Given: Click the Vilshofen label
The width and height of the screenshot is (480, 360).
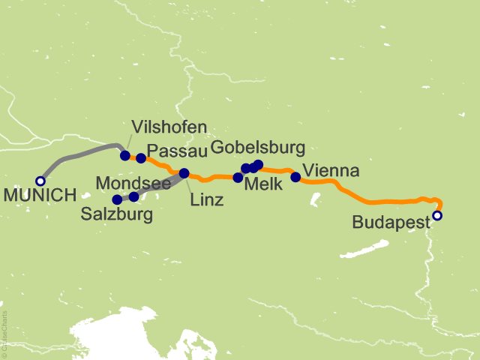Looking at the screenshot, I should (169, 127).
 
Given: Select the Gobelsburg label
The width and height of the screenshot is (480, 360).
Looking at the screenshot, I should (258, 146).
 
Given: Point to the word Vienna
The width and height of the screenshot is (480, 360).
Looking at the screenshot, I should (331, 170).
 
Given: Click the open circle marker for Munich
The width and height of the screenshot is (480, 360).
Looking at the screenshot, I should (40, 181).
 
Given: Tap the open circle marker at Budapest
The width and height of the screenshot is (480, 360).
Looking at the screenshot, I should (437, 216).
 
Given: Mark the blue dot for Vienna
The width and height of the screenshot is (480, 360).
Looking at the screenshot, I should (295, 177).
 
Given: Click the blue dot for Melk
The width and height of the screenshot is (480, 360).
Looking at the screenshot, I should (238, 178).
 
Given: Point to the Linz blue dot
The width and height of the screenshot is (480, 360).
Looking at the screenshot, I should (184, 173).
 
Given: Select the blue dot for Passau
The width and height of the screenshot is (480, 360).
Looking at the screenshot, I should (141, 158).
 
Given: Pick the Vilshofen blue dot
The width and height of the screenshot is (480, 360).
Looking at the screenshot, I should (125, 155).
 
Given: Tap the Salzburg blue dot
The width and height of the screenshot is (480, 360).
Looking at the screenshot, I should (117, 199).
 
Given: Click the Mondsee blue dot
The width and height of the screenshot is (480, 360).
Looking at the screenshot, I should (133, 196).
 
